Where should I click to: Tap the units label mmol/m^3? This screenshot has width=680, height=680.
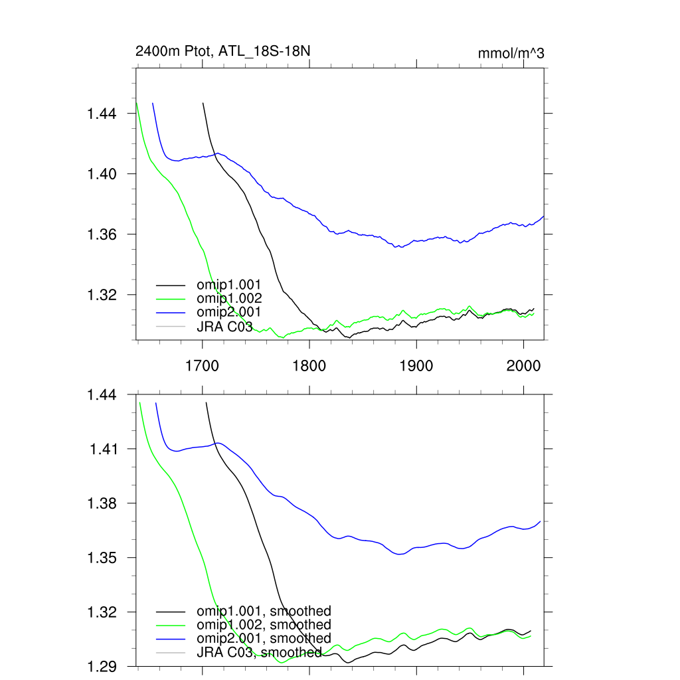point(511,53)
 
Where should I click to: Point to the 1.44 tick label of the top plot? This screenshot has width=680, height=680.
point(102,114)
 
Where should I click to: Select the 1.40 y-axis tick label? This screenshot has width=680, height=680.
point(102,174)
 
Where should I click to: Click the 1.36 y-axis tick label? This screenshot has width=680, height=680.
point(102,234)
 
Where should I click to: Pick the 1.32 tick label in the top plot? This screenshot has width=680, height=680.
point(102,295)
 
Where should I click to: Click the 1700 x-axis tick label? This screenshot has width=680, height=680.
point(202,365)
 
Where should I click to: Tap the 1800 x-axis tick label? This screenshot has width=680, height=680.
point(309,365)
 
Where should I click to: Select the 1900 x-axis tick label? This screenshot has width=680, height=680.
point(416,365)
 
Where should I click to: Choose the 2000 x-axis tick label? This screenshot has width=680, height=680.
point(523,365)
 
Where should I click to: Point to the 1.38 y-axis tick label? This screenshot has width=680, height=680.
point(102,503)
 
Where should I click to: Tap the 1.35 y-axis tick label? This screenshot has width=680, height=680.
point(102,558)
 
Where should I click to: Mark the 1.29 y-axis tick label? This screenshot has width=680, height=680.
point(102,666)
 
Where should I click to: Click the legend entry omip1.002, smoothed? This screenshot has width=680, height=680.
point(263,625)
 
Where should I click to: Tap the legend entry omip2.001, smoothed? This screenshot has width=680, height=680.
point(263,638)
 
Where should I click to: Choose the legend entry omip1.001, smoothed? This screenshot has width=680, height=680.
point(263,611)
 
